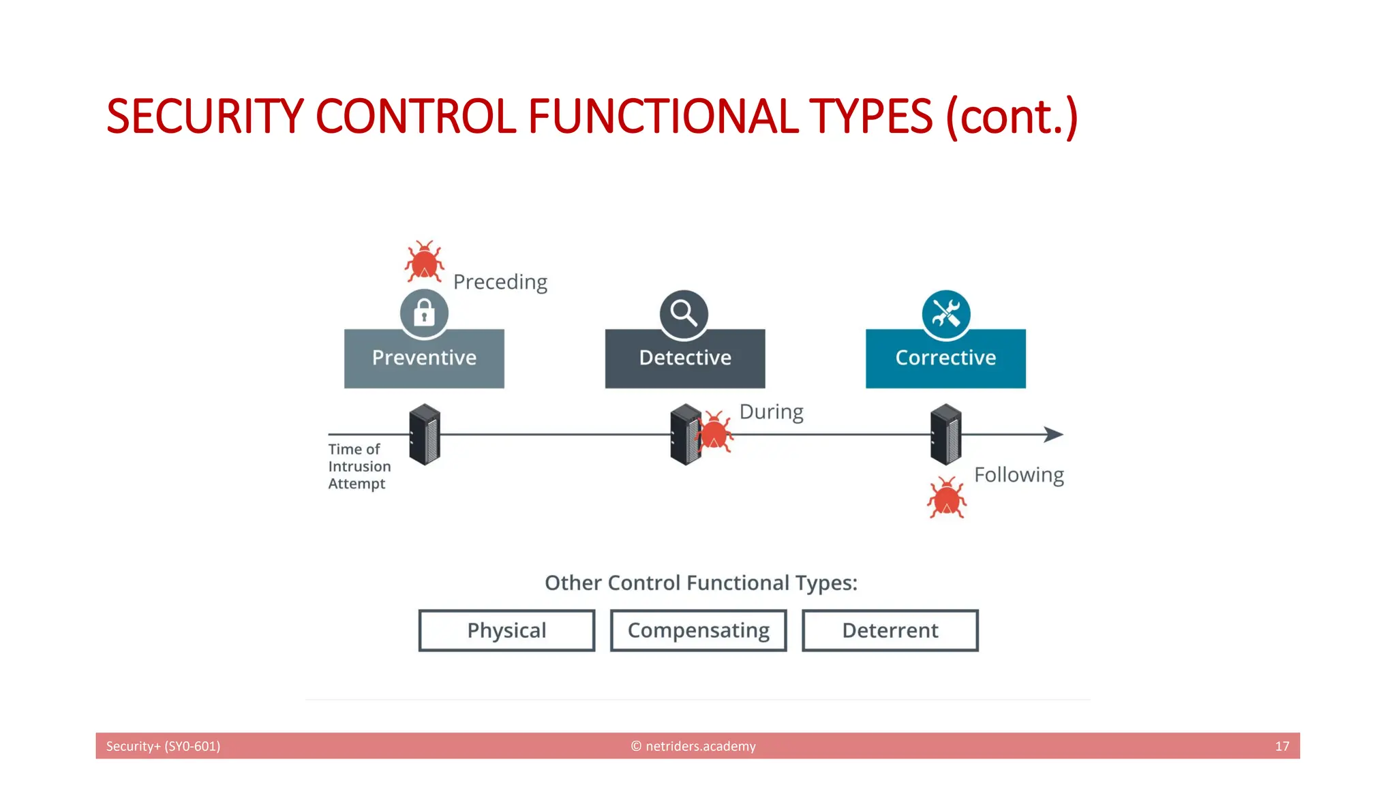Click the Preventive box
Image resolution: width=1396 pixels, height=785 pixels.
pyautogui.click(x=424, y=358)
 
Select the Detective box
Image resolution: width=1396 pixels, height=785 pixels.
pyautogui.click(x=685, y=358)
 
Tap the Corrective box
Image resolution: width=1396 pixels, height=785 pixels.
pyautogui.click(x=945, y=358)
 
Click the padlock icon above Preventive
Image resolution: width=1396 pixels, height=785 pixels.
pyautogui.click(x=424, y=313)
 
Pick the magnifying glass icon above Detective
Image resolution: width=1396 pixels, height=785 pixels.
pyautogui.click(x=684, y=314)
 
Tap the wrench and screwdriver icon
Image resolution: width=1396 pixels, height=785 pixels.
pyautogui.click(x=946, y=314)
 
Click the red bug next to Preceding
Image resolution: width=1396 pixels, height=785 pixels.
pyautogui.click(x=424, y=262)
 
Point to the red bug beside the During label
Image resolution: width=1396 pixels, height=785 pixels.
pyautogui.click(x=714, y=432)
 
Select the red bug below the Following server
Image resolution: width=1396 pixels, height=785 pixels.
pyautogui.click(x=946, y=498)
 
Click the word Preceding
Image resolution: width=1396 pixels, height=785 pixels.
pyautogui.click(x=500, y=282)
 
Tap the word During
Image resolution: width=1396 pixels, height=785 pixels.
pyautogui.click(x=771, y=412)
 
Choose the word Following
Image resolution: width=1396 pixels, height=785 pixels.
pyautogui.click(x=1018, y=475)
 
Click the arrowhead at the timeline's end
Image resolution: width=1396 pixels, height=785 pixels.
pyautogui.click(x=1053, y=434)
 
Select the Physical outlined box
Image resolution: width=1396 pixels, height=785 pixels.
pyautogui.click(x=506, y=630)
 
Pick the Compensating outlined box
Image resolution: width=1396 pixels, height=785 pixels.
pyautogui.click(x=698, y=630)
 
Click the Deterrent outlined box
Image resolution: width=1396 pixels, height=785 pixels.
pyautogui.click(x=890, y=630)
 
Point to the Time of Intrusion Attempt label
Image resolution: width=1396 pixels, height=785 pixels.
pyautogui.click(x=359, y=466)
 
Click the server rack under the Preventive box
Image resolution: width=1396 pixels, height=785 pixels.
pyautogui.click(x=425, y=434)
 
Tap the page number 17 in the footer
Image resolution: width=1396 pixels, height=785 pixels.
pyautogui.click(x=1281, y=746)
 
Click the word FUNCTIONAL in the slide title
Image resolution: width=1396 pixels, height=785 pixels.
pyautogui.click(x=663, y=117)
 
